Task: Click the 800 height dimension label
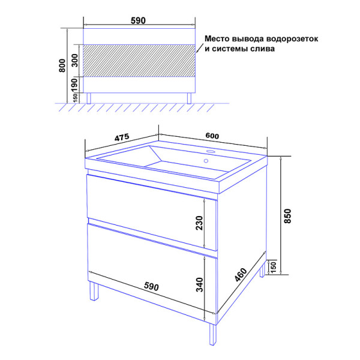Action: (62, 65)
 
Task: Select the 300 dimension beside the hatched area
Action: (75, 61)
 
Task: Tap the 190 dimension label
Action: (74, 85)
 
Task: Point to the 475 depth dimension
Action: (122, 137)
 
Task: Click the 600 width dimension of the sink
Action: (212, 136)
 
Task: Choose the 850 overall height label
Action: (287, 216)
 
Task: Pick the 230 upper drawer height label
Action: (200, 223)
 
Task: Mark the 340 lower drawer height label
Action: (200, 284)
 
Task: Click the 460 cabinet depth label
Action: (241, 275)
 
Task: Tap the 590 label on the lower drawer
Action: (151, 287)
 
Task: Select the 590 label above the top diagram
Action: (138, 20)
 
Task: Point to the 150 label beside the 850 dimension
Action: (274, 266)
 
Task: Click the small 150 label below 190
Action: (75, 98)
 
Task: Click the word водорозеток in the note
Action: (292, 39)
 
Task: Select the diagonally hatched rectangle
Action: (139, 61)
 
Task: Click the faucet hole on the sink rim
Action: (210, 152)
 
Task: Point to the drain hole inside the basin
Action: (206, 161)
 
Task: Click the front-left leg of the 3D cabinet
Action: (94, 291)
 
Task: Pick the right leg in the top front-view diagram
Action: (189, 98)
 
